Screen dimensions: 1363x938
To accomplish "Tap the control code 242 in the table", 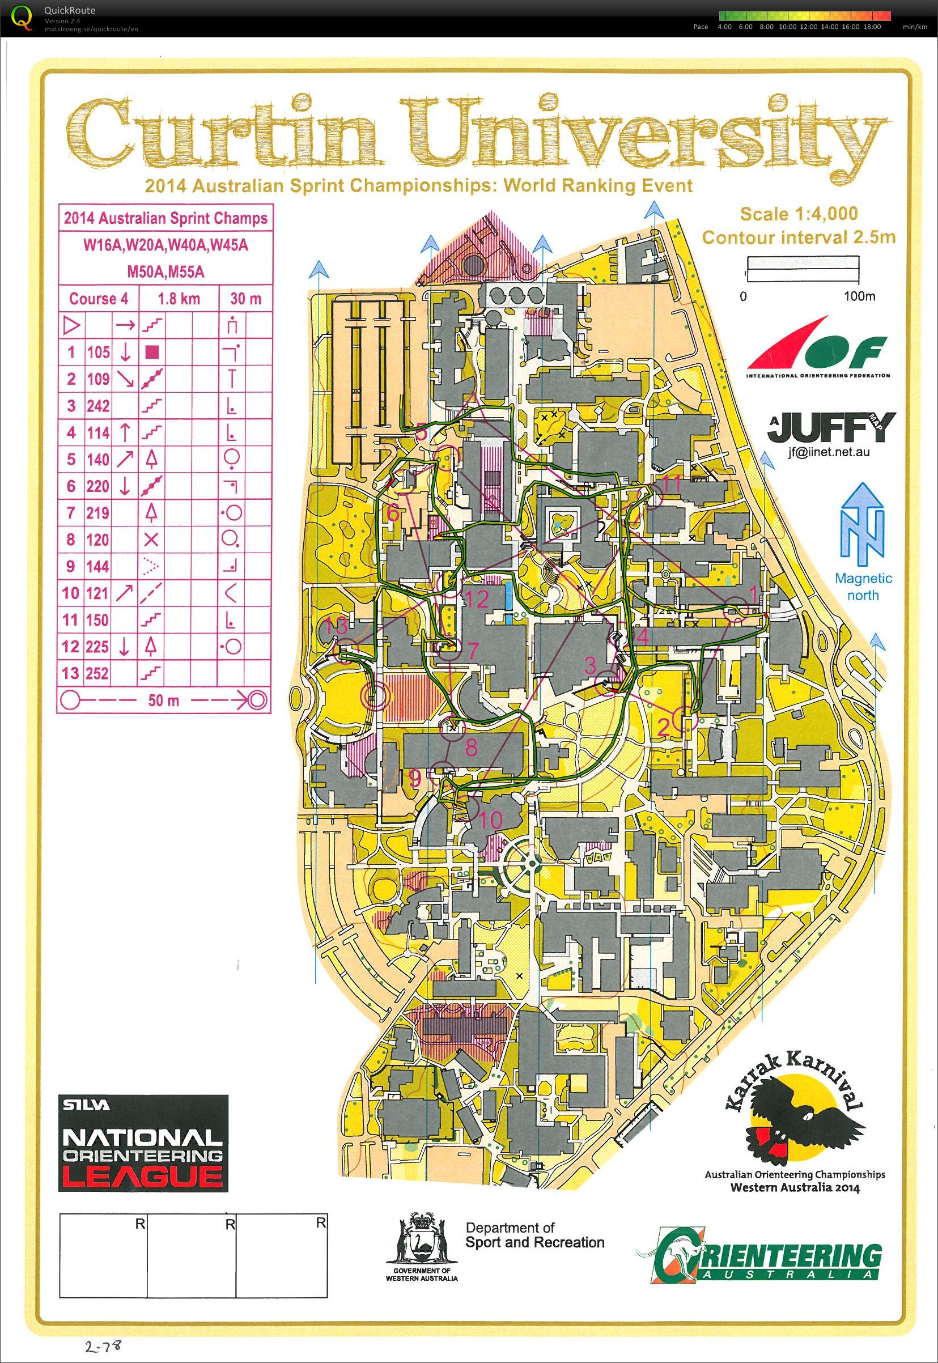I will tap(97, 406).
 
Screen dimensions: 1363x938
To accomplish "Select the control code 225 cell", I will tap(97, 647).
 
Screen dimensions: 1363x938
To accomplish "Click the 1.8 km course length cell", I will tap(179, 299).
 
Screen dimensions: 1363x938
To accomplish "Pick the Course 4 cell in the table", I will tap(98, 299).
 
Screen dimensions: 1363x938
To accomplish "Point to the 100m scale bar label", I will tap(859, 296).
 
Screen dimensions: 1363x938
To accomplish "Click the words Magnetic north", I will tap(863, 587).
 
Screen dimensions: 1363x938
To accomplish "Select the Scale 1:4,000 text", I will tap(798, 214).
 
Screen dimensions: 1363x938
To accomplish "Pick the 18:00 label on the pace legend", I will tap(872, 27).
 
